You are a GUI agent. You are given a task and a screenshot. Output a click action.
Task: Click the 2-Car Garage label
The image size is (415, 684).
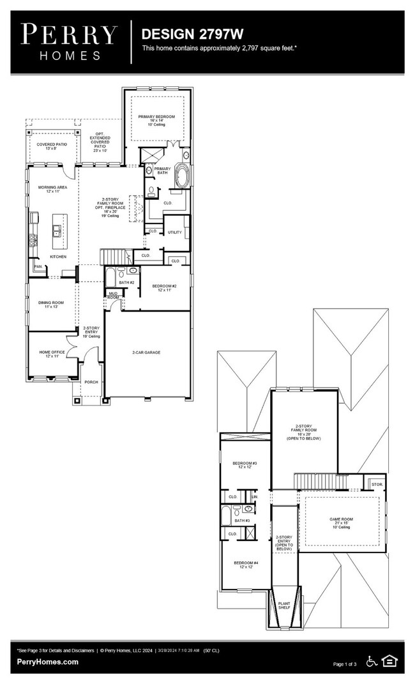pyautogui.click(x=146, y=352)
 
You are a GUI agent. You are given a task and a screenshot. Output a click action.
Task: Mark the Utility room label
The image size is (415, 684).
pyautogui.click(x=175, y=232)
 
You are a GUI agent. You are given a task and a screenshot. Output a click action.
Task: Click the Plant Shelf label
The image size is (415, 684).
pyautogui.click(x=283, y=604)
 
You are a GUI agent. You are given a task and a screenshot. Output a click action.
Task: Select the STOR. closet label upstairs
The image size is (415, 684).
pyautogui.click(x=376, y=485)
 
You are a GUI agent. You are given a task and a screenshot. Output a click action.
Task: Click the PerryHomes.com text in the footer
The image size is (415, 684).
pyautogui.click(x=48, y=662)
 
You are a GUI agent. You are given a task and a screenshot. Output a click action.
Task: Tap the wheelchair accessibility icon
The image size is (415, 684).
pyautogui.click(x=372, y=661)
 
